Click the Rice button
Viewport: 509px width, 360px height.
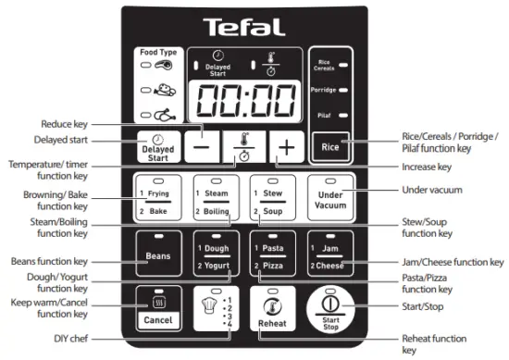pyautogui.click(x=330, y=146)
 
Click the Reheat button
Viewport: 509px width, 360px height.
pyautogui.click(x=273, y=309)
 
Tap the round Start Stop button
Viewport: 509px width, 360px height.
pyautogui.click(x=330, y=309)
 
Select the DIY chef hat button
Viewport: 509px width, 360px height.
pyautogui.click(x=216, y=309)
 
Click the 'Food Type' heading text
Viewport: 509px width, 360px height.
pyautogui.click(x=158, y=53)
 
